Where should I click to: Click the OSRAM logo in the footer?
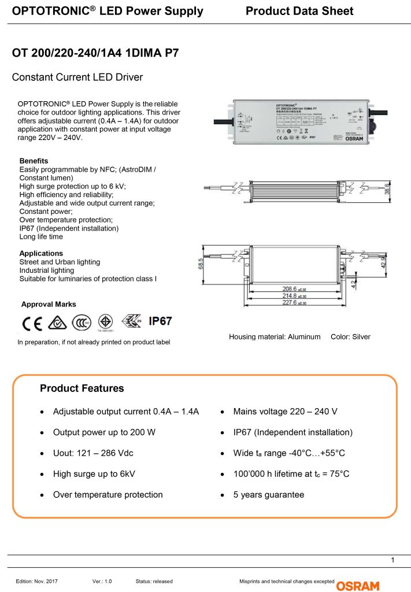(359, 584)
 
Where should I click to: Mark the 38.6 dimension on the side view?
(388, 189)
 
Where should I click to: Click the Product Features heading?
(82, 388)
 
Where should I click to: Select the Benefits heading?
(34, 161)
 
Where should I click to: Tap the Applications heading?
(41, 253)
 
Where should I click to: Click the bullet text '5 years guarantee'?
(269, 495)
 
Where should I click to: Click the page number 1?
(393, 560)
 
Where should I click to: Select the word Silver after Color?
(360, 336)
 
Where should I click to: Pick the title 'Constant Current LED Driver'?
(77, 77)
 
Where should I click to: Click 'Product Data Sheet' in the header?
(299, 11)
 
